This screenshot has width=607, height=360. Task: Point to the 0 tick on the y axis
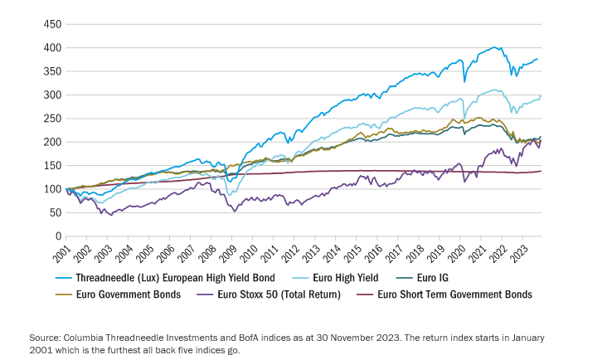click(x=57, y=236)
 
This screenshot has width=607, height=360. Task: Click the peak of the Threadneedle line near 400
click(x=494, y=47)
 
